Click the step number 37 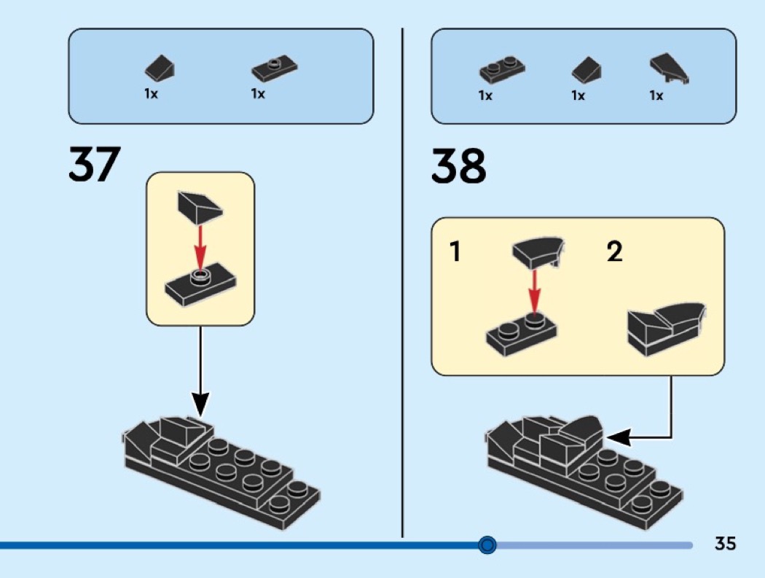pos(94,164)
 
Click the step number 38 pos(458,165)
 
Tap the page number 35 pos(725,543)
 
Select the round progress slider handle pos(487,544)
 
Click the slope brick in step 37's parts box pos(160,67)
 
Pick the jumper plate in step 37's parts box pos(274,69)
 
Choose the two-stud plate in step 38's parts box pos(502,69)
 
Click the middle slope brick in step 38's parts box pos(586,69)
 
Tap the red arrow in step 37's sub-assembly pos(200,248)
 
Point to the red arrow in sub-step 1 pos(535,292)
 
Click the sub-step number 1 pos(455,251)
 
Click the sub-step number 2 pos(615,251)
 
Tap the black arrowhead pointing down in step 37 pos(200,405)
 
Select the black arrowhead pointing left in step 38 pos(618,437)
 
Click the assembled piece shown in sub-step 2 pos(666,329)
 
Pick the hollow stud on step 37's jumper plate pos(200,276)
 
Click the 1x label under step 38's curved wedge pos(656,95)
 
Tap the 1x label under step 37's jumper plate pos(258,93)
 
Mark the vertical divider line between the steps pos(402,283)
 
